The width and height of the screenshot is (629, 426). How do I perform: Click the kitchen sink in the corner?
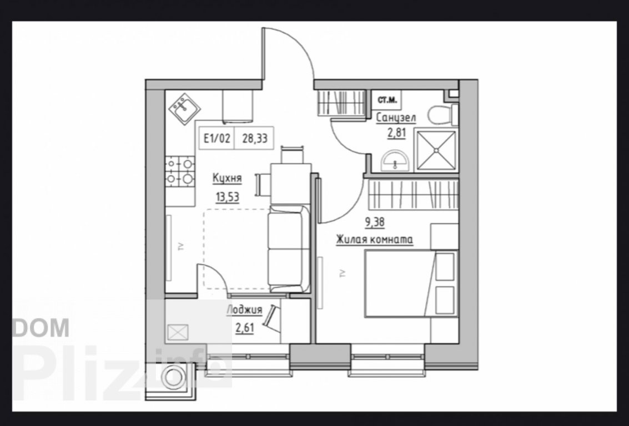tap(185, 109)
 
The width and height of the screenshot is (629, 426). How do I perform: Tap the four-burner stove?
tap(180, 171)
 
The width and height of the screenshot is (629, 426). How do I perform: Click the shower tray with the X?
tap(436, 150)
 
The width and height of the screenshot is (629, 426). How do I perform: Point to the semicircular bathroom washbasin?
tap(395, 161)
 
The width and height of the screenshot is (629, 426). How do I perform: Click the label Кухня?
tap(227, 179)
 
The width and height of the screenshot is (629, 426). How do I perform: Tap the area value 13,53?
tap(227, 197)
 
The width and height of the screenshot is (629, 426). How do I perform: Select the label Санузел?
tap(396, 118)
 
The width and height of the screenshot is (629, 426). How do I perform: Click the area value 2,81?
tap(396, 133)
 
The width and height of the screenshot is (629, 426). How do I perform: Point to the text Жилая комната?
tap(375, 240)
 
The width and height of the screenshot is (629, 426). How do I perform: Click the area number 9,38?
tap(375, 222)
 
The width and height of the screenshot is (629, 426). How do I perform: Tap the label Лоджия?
tap(244, 310)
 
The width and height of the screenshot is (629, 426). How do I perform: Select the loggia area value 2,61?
tap(245, 328)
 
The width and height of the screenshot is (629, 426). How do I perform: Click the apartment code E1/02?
tap(217, 139)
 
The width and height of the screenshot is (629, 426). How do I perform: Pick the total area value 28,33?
tap(254, 139)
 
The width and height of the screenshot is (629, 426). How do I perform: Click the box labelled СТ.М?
tap(387, 100)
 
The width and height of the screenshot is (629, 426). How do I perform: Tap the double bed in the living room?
tap(411, 283)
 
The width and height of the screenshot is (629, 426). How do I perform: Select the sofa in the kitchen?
tap(289, 249)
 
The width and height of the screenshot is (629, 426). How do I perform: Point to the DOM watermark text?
tap(41, 327)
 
